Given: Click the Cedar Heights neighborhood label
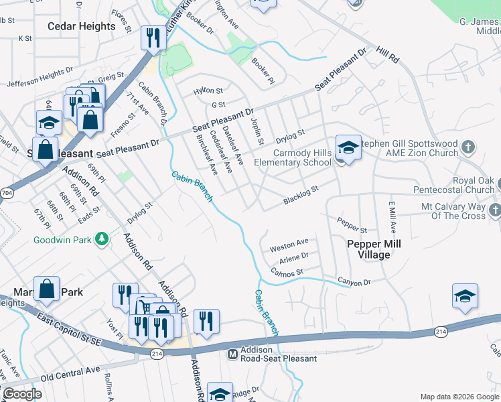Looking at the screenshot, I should click(x=82, y=26).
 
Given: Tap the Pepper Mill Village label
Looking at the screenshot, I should click(x=374, y=249).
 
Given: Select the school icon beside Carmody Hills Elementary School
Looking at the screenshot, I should click(x=348, y=148).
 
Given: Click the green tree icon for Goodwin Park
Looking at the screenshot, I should click(x=101, y=239).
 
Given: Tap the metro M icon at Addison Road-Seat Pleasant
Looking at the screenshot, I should click(x=233, y=354).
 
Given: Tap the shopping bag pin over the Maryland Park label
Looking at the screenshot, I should click(x=46, y=289).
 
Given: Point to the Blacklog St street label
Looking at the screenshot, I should click(x=301, y=195).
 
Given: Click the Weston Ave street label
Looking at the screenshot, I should click(x=289, y=245).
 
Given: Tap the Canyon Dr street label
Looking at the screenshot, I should click(x=354, y=281).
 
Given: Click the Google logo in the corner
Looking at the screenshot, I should click(x=22, y=394).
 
